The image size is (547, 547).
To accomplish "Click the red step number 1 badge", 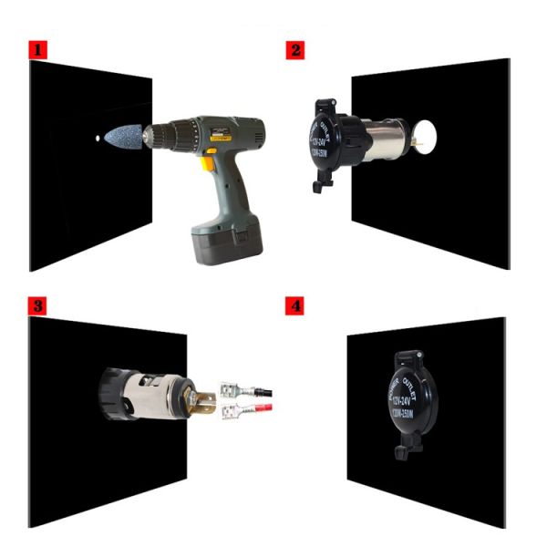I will [x=37, y=50].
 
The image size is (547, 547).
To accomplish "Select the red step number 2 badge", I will [x=294, y=50].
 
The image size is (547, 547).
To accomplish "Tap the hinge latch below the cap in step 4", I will [x=400, y=448].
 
